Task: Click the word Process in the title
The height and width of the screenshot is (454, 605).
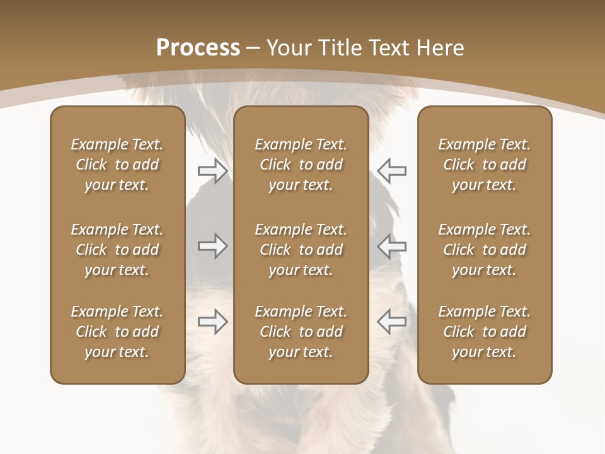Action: [198, 48]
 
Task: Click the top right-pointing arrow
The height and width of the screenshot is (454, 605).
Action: [212, 171]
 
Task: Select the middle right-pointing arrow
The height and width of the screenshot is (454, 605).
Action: [212, 246]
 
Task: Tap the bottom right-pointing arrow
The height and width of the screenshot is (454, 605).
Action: [212, 322]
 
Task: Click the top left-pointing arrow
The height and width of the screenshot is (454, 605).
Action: [391, 171]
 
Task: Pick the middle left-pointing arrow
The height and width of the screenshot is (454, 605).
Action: [391, 246]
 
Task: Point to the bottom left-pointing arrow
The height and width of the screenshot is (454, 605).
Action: [391, 322]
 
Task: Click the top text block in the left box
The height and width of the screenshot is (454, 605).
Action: [117, 165]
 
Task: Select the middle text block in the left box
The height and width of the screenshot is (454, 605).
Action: [117, 250]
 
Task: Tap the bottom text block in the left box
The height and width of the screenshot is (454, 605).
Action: [117, 332]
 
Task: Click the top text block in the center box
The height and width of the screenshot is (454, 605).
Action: [301, 165]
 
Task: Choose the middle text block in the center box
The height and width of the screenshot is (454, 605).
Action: [301, 250]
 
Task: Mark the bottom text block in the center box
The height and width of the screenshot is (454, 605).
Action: [301, 332]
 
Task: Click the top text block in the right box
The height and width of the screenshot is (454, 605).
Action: [484, 165]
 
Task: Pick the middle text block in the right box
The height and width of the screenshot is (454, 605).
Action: [484, 250]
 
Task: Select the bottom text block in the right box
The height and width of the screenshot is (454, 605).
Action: [484, 332]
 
